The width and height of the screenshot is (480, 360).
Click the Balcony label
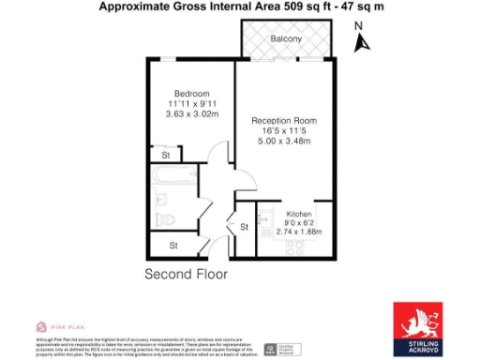point(286,39)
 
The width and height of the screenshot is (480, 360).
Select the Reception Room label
point(284,121)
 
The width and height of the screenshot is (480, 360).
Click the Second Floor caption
point(186,274)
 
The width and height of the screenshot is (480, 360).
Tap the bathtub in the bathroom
point(175,177)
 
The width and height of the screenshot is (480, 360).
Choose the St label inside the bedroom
point(166,155)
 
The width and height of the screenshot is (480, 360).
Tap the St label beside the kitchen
point(243,226)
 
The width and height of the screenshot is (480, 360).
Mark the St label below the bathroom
point(173,246)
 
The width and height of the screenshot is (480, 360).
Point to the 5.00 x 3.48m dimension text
point(284,142)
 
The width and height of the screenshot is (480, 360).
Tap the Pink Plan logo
point(54,325)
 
